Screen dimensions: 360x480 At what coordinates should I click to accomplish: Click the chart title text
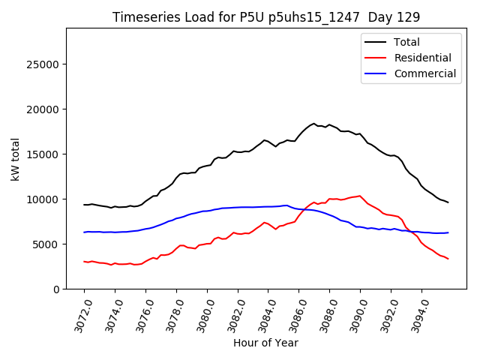(266, 17)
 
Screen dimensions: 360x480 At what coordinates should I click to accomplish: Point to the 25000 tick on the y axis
(44, 64)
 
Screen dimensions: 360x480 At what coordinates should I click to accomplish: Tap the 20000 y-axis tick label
(44, 109)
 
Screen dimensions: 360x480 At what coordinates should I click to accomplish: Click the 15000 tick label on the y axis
(44, 154)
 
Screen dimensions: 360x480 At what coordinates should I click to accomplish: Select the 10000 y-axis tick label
(44, 199)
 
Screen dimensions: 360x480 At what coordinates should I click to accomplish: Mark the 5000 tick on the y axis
(47, 244)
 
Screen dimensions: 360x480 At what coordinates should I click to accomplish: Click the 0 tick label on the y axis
(56, 289)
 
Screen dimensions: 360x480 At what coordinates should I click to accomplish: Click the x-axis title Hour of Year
(265, 343)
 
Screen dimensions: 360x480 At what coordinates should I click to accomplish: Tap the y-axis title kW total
(16, 159)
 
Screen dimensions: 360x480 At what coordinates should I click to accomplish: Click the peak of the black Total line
(314, 123)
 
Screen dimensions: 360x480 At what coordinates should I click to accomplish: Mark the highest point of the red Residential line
(360, 196)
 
